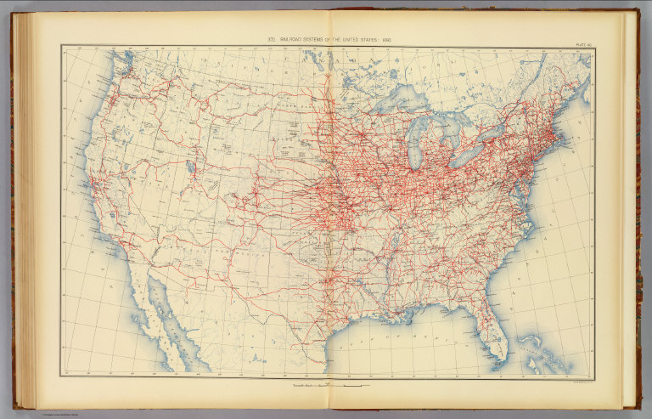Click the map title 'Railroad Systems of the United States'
[330, 40]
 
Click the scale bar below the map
[340, 387]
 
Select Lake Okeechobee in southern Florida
[500, 337]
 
